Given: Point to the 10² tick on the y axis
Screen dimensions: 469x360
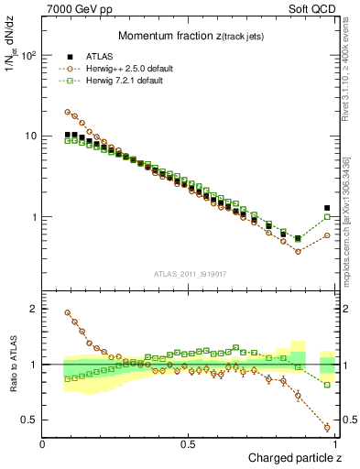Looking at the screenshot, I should coord(29,55).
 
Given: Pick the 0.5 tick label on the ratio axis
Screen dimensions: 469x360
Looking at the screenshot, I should coord(29,420).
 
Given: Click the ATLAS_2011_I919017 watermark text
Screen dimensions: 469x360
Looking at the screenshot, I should coord(189,273).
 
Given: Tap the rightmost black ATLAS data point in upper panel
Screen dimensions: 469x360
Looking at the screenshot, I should coord(327,208).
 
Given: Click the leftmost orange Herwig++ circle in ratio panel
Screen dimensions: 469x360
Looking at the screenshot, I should coord(68,312).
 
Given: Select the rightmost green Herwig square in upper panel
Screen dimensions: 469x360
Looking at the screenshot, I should coord(327,217).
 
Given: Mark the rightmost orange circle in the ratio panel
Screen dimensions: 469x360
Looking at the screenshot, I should coord(327,427).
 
